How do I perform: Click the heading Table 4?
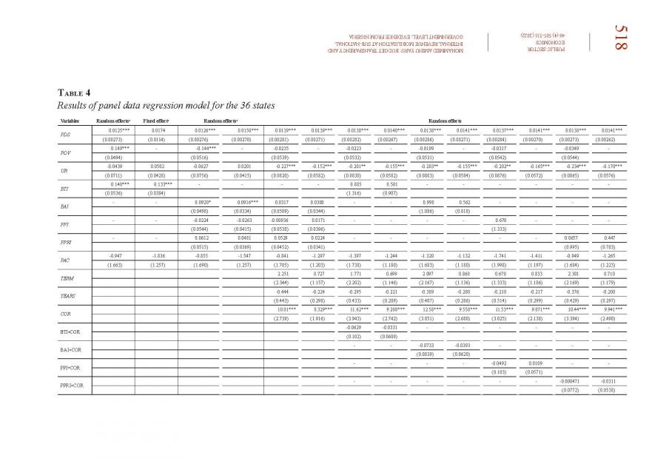[x=74, y=92]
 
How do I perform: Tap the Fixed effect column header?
[x=156, y=121]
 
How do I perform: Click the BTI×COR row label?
[x=71, y=331]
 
